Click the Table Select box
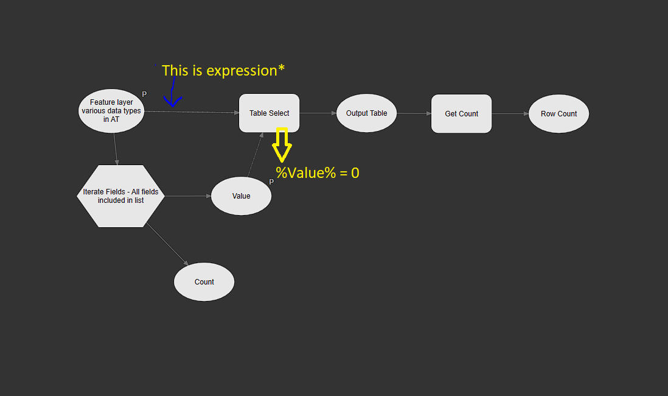click(269, 113)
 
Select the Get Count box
click(461, 114)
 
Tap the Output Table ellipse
click(366, 113)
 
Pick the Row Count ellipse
click(558, 114)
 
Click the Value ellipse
click(241, 196)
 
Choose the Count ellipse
click(204, 282)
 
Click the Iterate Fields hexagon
click(120, 196)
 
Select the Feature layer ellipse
click(111, 111)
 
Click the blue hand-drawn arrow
click(173, 91)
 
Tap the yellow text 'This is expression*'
click(223, 71)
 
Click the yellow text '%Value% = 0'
click(318, 173)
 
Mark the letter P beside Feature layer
click(144, 94)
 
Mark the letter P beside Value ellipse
click(271, 182)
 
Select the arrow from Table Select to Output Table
click(318, 113)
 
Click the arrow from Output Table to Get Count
click(414, 113)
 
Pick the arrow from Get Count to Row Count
click(510, 114)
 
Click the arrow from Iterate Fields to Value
click(187, 196)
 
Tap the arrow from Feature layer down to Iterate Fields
click(115, 149)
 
